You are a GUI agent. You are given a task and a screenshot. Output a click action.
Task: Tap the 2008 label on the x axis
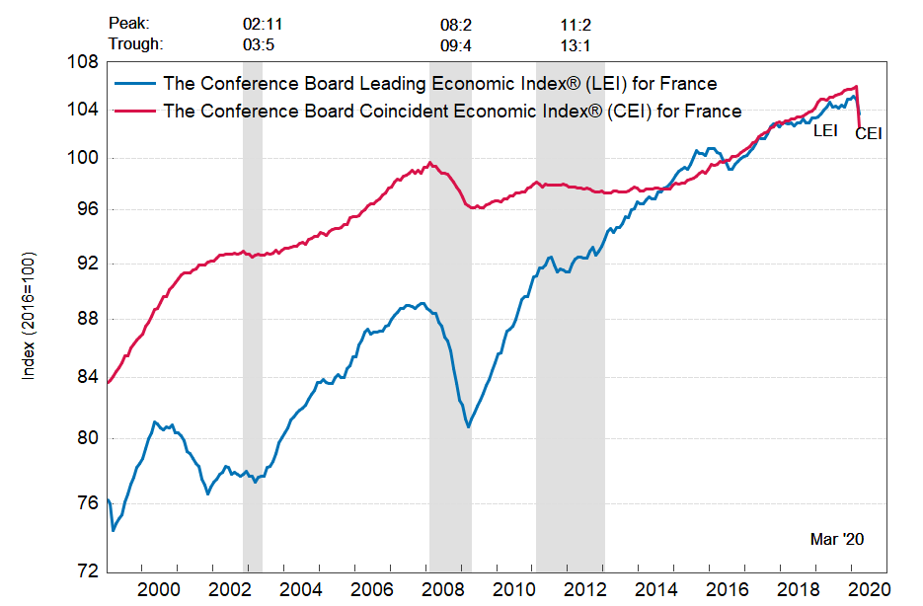(439, 589)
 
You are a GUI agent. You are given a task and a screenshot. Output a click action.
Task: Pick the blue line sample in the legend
(135, 83)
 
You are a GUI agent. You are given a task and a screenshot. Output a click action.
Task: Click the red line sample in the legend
(135, 112)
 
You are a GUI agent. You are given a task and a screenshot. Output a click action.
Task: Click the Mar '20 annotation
(836, 539)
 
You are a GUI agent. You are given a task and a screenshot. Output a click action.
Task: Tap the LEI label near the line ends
(825, 129)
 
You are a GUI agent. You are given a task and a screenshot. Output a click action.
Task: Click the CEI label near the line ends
(868, 133)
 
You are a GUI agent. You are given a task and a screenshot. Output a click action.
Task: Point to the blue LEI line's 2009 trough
(468, 426)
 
